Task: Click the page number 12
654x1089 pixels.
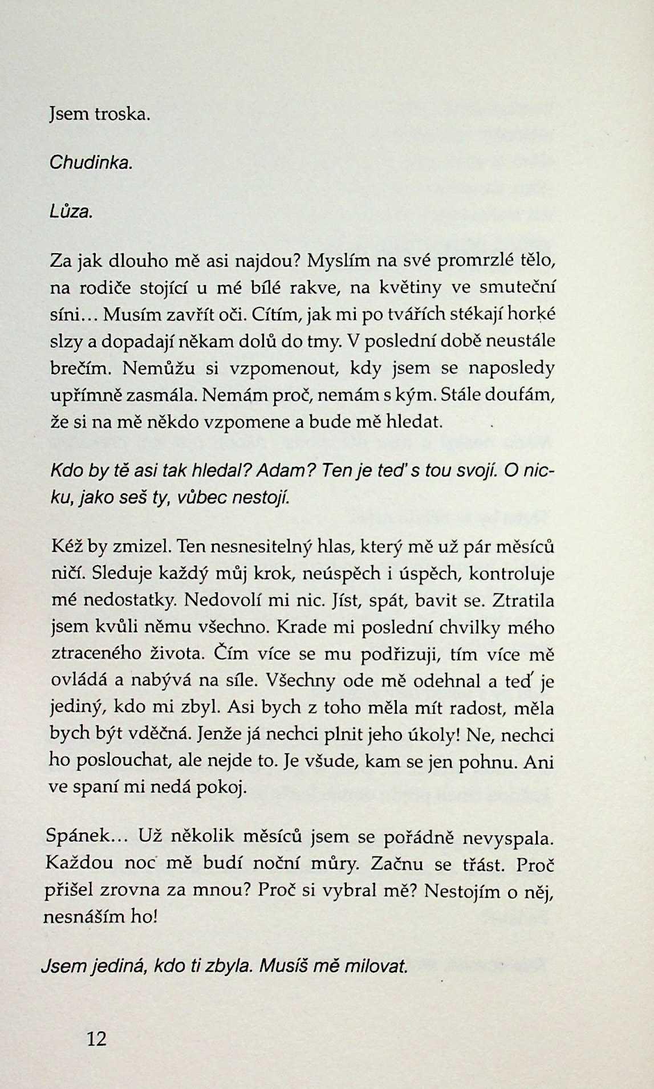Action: click(98, 1038)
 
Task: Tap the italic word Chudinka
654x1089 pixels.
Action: click(91, 163)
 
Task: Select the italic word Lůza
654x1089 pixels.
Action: click(71, 212)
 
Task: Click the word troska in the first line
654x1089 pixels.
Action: click(123, 115)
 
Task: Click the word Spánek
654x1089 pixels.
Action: click(80, 836)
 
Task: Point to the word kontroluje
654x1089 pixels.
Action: click(511, 574)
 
